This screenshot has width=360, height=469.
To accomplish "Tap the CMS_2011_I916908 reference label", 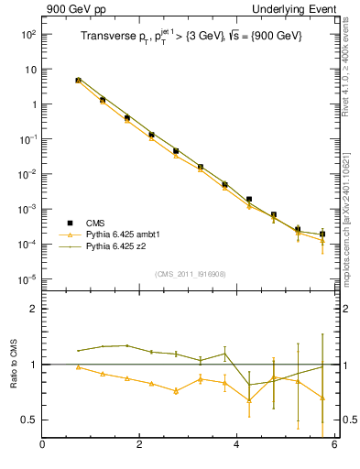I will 191,274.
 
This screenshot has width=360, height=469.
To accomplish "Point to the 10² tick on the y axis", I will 27,34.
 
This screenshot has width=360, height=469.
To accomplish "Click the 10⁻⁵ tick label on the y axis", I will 27,278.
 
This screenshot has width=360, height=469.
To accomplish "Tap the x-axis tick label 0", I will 42,446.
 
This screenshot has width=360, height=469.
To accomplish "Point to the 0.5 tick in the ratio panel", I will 29,420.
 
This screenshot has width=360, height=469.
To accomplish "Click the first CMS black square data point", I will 79,81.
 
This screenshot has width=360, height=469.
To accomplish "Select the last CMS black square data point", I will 322,234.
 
